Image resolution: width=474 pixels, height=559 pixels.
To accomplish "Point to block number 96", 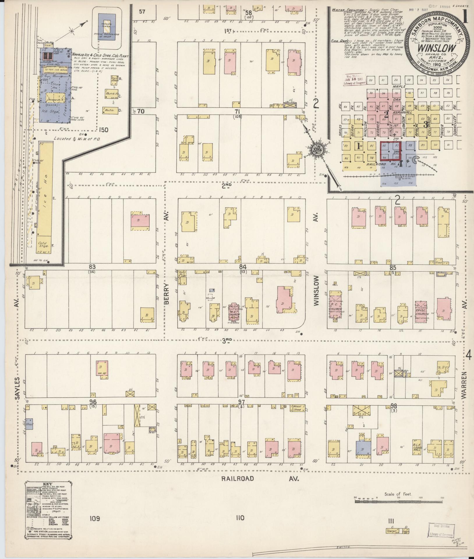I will click(x=93, y=402).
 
